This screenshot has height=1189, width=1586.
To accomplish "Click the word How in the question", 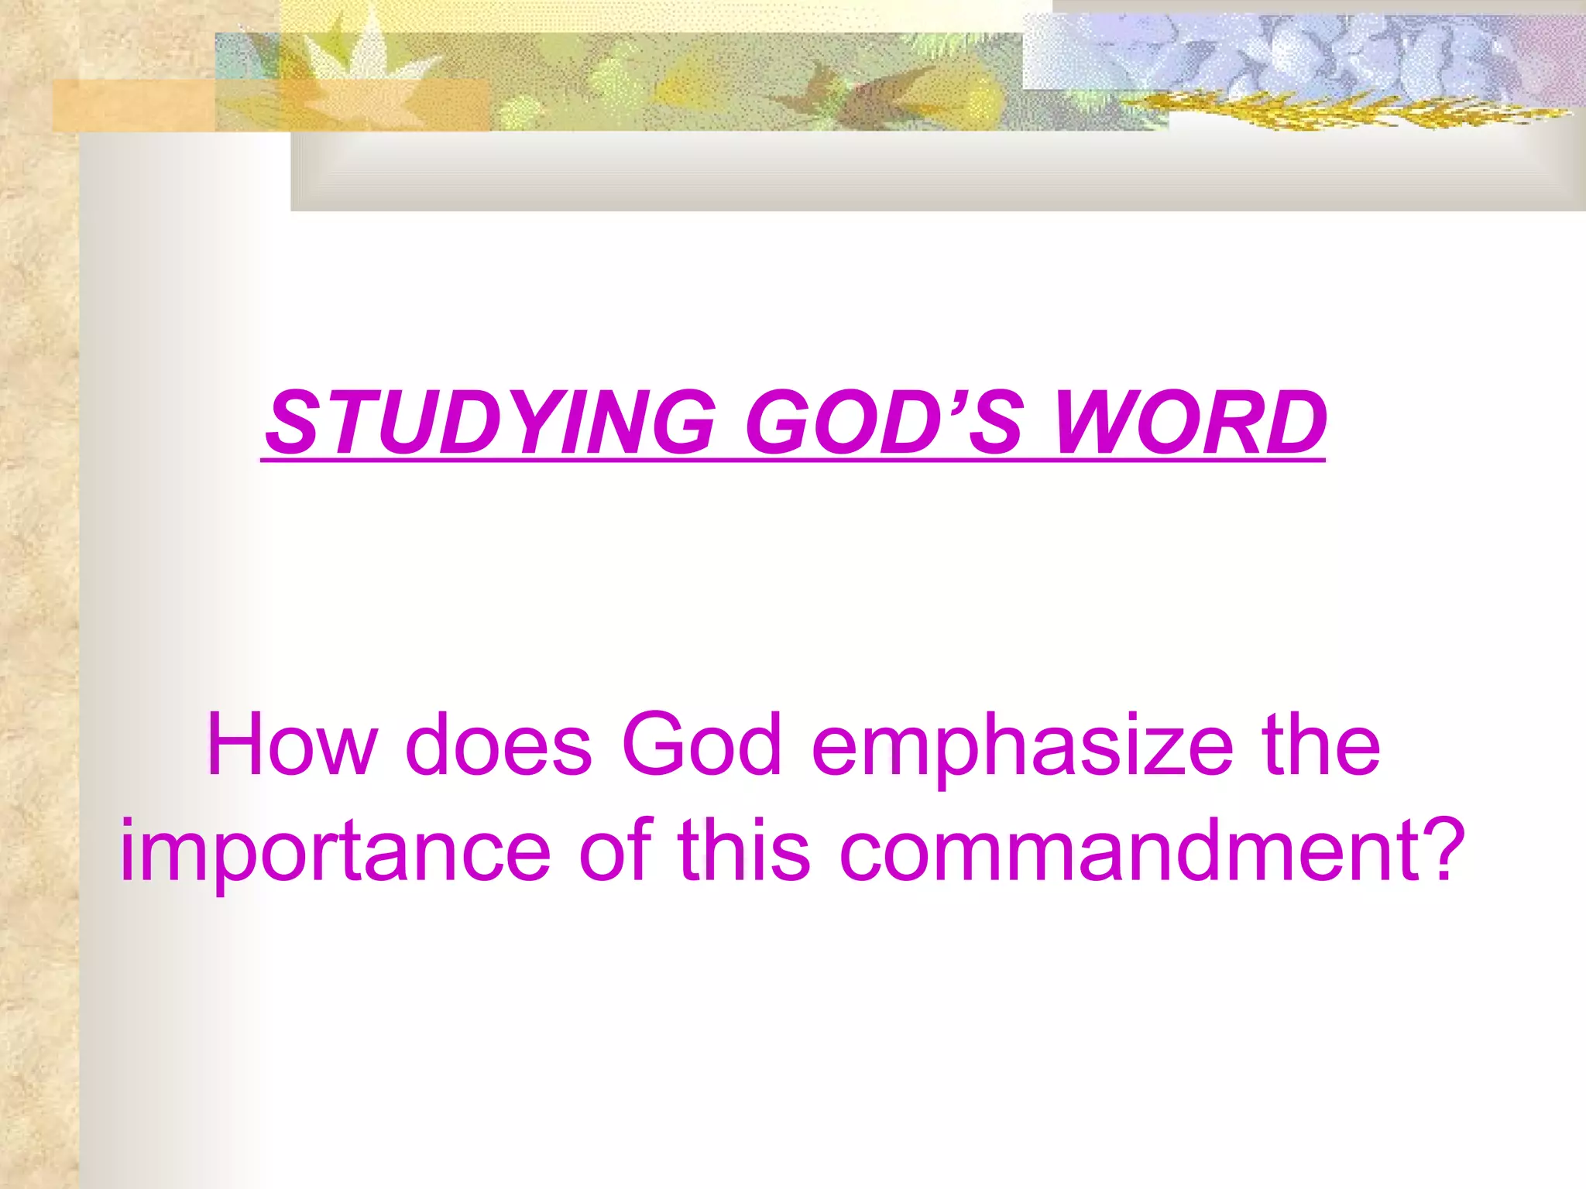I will pyautogui.click(x=291, y=745).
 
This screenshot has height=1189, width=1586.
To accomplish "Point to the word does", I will pyautogui.click(x=499, y=745).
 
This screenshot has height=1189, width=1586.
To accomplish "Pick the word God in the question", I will pyautogui.click(x=702, y=745).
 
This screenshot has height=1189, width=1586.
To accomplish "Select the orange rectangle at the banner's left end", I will pyautogui.click(x=132, y=105).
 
